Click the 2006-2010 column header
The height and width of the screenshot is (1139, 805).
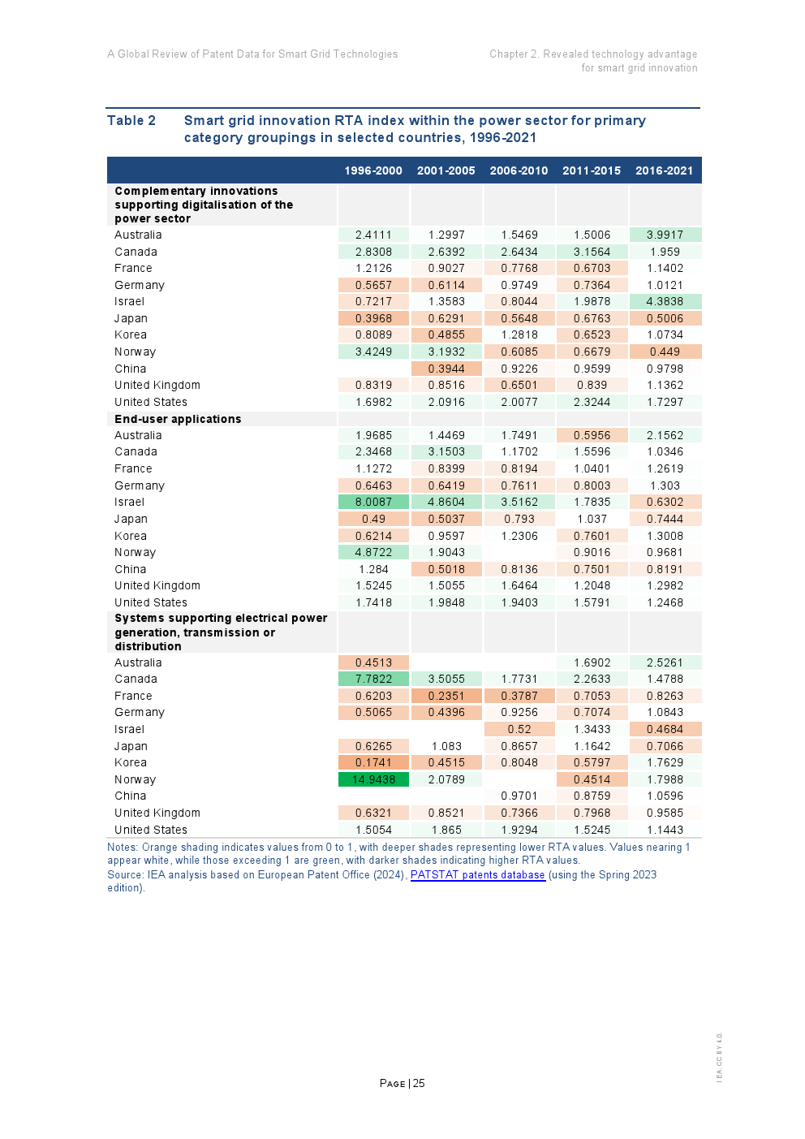[519, 170]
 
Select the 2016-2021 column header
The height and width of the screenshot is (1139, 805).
[664, 170]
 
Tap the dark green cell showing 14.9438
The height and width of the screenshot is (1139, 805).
[373, 779]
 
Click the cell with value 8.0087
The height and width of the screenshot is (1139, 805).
[373, 502]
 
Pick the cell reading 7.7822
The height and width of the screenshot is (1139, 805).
[373, 679]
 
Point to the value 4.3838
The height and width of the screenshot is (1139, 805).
[665, 301]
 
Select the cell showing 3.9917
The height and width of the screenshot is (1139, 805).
[665, 235]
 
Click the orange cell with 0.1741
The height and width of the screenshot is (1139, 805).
[373, 762]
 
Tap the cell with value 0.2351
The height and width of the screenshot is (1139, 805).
[446, 696]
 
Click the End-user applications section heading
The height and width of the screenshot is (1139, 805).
[178, 419]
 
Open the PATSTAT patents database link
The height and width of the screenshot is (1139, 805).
[477, 874]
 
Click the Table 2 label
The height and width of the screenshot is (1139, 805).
[131, 120]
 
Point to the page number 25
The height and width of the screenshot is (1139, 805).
[419, 1083]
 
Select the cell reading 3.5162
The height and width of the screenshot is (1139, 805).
[519, 502]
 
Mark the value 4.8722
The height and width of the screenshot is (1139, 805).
[373, 552]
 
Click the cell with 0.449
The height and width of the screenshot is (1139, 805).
[665, 352]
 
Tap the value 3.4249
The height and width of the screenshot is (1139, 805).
[373, 352]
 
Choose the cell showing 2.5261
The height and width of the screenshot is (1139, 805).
[665, 662]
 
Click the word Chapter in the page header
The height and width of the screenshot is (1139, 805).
[509, 54]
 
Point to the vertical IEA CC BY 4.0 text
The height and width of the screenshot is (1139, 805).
[719, 1056]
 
